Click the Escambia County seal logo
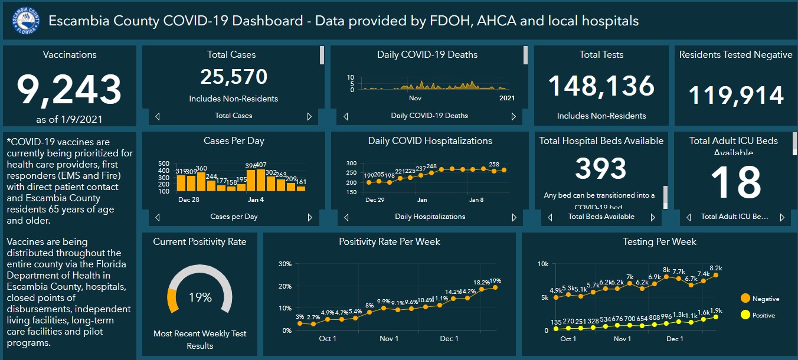point(25,21)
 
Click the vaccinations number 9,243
point(69,89)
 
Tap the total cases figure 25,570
point(234,77)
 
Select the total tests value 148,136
point(601,86)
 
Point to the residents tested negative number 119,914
point(736,95)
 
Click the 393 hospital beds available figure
point(601,169)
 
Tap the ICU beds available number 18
point(736,183)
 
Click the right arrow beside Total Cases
point(309,116)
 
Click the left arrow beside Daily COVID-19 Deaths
point(346,116)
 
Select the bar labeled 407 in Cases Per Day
point(261,180)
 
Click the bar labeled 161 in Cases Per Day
point(301,188)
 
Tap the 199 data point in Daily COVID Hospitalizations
point(369,182)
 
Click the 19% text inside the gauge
point(199,297)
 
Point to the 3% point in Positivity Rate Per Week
point(300,323)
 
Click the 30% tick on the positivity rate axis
point(284,264)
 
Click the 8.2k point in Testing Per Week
point(716,275)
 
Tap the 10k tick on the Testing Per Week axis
point(542,264)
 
